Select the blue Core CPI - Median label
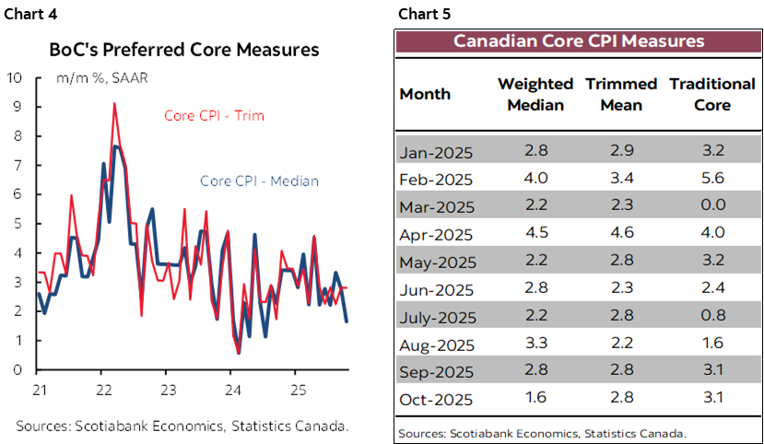point(259,181)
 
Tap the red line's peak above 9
point(114,104)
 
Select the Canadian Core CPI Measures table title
point(579,41)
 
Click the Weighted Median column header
point(531,94)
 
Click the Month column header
point(426,94)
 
